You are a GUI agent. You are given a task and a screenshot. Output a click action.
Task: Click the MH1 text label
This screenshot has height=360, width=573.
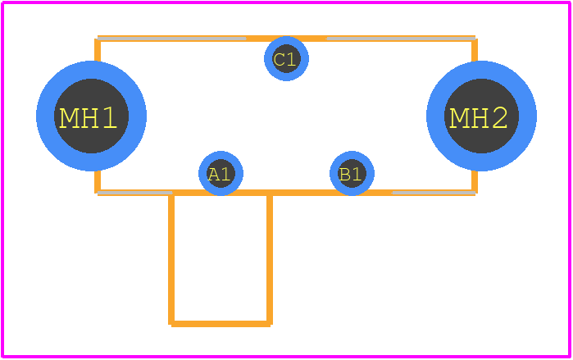(x=88, y=118)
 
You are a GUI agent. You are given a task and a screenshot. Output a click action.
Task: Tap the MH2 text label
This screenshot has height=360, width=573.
(x=479, y=118)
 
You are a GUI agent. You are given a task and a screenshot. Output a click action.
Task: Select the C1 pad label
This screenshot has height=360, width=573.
(x=284, y=60)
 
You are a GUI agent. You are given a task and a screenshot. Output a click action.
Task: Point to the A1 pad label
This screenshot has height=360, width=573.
(x=219, y=175)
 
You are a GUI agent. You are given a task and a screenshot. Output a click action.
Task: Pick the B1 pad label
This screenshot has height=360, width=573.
(x=350, y=175)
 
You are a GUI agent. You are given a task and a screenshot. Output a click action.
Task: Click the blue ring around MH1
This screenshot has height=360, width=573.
(x=45, y=116)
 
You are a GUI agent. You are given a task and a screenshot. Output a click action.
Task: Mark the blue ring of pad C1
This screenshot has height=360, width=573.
(x=268, y=58)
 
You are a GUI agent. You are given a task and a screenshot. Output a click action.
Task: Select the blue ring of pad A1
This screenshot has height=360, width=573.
(x=202, y=173)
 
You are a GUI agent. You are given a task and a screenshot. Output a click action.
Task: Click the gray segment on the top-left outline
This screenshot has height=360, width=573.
(x=172, y=39)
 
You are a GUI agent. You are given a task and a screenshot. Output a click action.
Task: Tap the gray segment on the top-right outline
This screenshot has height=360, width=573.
(x=401, y=39)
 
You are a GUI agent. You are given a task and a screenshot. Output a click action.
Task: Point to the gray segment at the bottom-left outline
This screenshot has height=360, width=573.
(x=134, y=193)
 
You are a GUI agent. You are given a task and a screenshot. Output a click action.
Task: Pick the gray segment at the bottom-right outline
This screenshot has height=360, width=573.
(x=434, y=193)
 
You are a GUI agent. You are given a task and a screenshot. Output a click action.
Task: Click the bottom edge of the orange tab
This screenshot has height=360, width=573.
(x=221, y=324)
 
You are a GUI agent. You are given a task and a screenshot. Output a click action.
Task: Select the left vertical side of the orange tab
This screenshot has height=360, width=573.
(x=171, y=258)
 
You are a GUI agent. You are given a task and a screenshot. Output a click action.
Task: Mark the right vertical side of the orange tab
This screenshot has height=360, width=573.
(x=270, y=258)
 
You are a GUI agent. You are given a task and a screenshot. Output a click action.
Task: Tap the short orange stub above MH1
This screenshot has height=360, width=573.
(x=98, y=50)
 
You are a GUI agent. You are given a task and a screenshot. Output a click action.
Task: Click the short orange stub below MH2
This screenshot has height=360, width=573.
(x=475, y=182)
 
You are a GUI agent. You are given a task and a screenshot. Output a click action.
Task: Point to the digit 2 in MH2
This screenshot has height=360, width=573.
(x=498, y=118)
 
